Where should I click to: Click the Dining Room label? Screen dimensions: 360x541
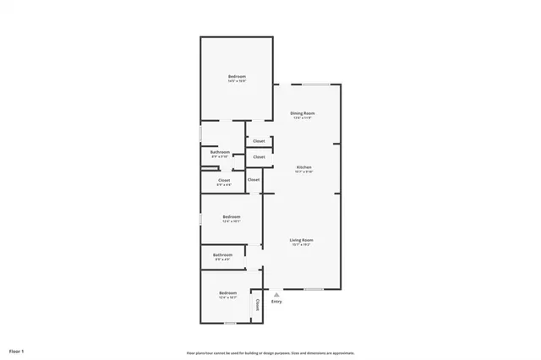[x=303, y=113]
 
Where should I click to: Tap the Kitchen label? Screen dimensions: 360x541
[x=303, y=166]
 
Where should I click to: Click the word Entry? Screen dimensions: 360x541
[x=276, y=302]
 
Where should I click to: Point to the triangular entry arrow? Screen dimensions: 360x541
[x=276, y=294]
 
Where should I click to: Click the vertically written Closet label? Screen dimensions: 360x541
[x=257, y=305]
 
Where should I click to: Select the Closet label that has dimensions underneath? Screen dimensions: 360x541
[x=224, y=180]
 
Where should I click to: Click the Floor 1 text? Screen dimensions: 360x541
[x=17, y=350]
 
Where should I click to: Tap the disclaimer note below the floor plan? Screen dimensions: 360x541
[x=270, y=352]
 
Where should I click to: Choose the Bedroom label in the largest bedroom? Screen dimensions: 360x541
[x=237, y=78]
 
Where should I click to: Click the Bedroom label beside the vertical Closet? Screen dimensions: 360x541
[x=227, y=293]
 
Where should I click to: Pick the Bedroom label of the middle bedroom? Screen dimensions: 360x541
[x=232, y=217]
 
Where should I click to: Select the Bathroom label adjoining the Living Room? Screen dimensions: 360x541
[x=222, y=254]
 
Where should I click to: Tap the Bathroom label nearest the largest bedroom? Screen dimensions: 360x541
[x=220, y=152]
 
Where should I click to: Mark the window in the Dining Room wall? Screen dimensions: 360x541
[x=316, y=84]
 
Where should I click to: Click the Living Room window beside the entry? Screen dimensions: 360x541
[x=314, y=289]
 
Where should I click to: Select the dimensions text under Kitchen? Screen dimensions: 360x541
[x=303, y=172]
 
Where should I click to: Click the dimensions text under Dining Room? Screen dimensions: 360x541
[x=303, y=118]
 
